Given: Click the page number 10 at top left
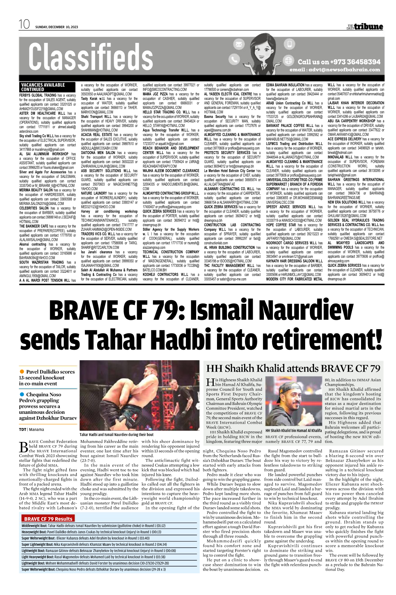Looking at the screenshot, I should [x=24, y=24].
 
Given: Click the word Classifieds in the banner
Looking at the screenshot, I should [x=91, y=57].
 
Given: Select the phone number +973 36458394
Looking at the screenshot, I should [x=339, y=62].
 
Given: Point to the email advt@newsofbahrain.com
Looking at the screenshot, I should [x=335, y=70].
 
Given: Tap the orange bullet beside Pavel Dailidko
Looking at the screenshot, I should [x=22, y=372].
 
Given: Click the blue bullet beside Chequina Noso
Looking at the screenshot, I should [x=22, y=394].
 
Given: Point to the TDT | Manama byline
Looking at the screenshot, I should [x=31, y=429].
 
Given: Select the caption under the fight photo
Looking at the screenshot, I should [x=117, y=435].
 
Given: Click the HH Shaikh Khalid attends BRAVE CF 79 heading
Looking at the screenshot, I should [x=293, y=369].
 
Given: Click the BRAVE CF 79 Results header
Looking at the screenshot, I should [x=48, y=519].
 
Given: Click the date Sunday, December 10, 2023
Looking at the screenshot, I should [x=57, y=27].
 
